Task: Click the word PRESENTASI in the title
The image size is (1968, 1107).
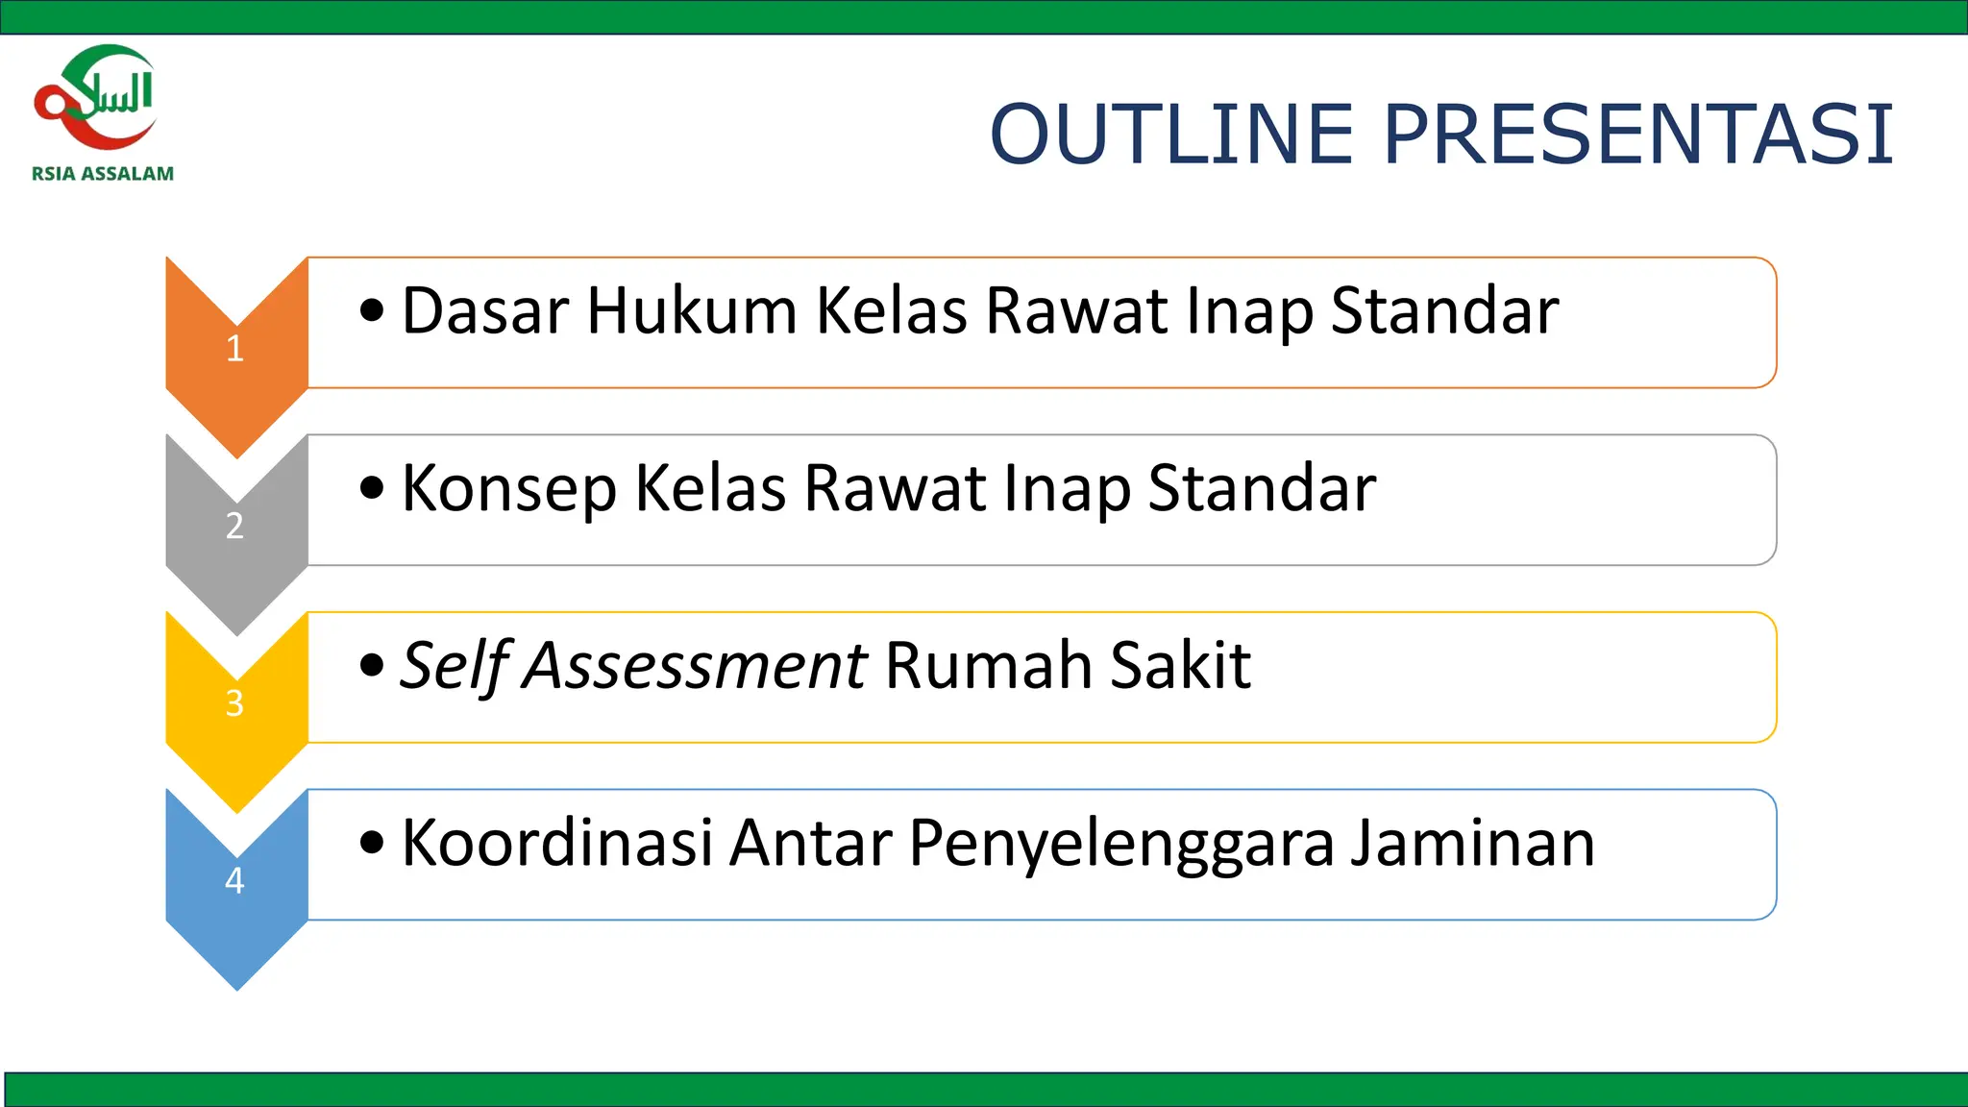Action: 1638,134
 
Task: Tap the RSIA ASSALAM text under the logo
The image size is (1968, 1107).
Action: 103,174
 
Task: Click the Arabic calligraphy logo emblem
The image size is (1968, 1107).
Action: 96,96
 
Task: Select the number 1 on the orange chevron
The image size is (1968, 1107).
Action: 234,349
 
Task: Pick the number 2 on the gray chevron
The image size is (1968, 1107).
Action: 234,526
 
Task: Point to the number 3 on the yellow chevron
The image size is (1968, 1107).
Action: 234,703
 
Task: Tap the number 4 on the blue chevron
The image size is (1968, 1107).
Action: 234,880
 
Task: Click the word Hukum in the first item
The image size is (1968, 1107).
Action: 692,311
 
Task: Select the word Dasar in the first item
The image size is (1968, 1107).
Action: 485,311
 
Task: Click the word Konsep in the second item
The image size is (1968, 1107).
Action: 508,490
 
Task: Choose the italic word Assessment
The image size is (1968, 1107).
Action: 695,665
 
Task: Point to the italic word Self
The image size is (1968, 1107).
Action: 454,665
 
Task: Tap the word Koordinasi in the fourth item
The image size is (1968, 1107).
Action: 556,843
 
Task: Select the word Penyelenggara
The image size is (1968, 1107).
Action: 1120,845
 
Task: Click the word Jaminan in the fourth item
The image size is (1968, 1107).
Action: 1472,843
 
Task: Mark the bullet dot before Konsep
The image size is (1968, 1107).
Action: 372,488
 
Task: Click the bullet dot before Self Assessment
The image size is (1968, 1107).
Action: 372,665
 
